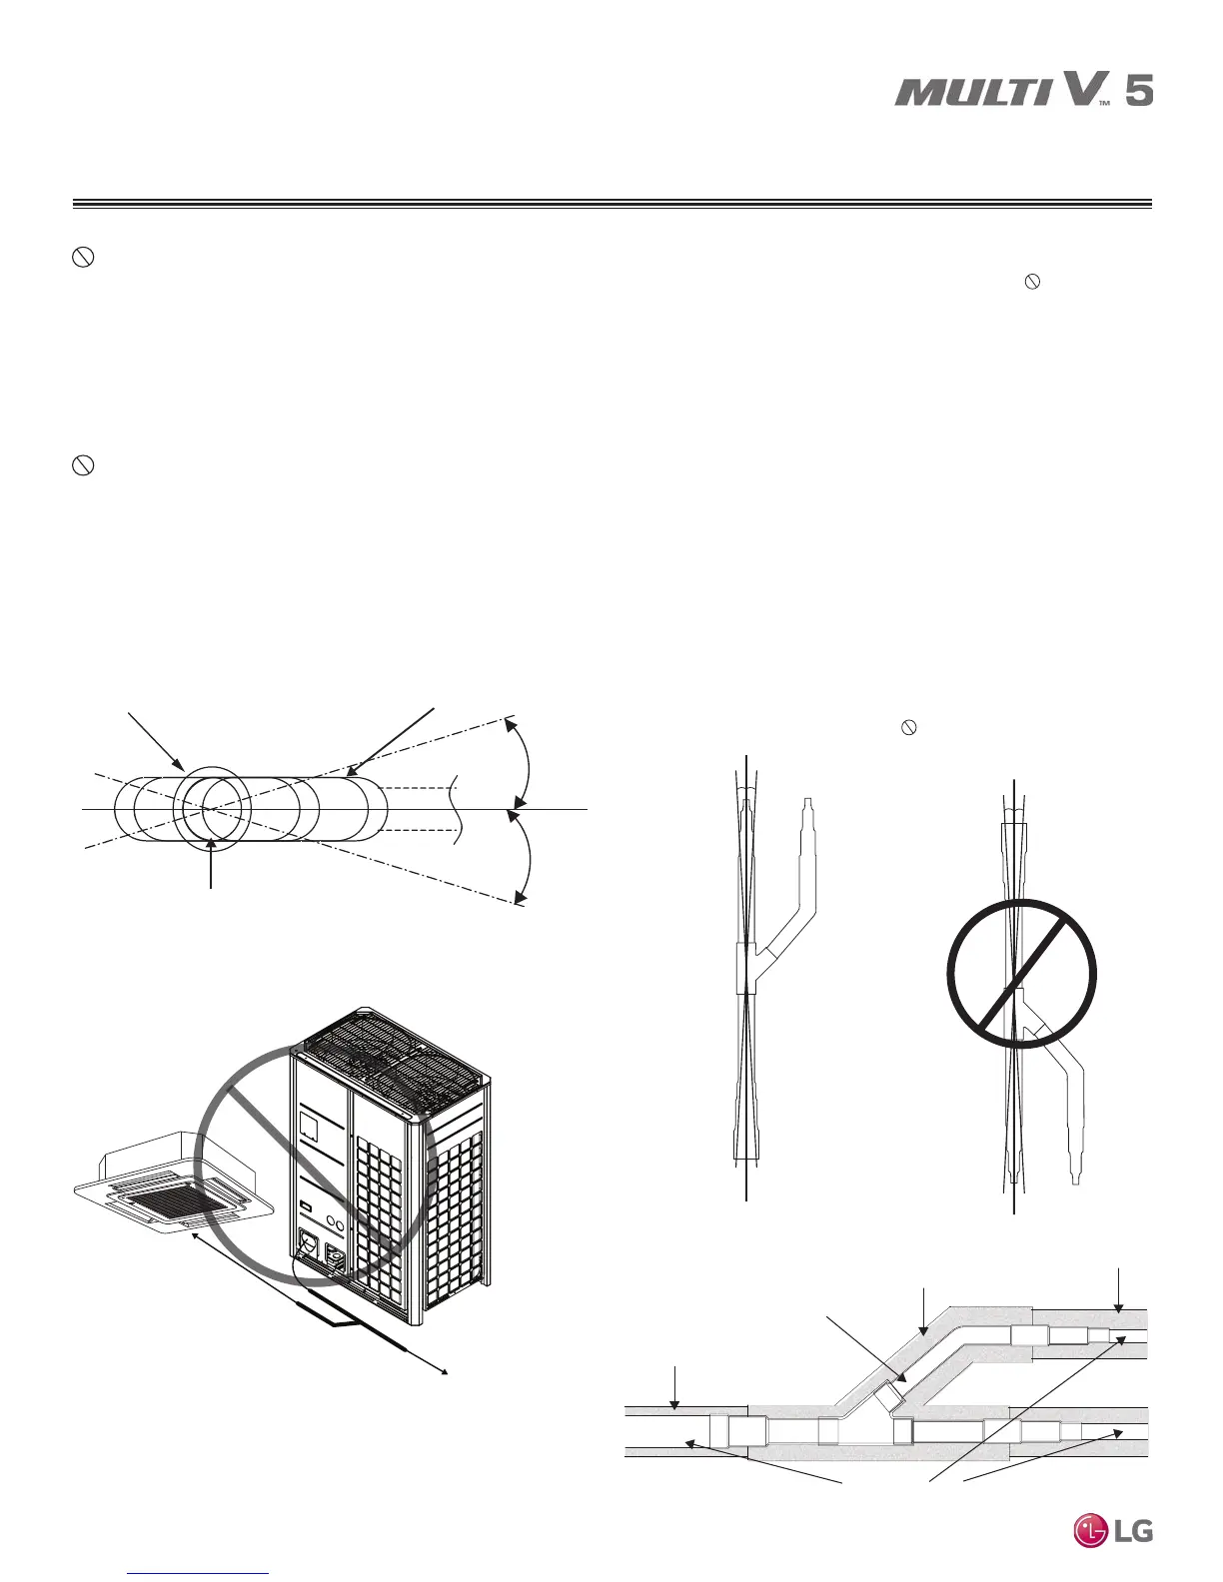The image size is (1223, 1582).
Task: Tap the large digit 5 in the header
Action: point(1138,92)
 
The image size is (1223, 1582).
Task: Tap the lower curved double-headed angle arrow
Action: point(528,854)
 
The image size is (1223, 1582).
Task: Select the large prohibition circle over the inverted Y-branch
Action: point(1020,974)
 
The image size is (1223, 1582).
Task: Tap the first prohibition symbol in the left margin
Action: point(84,258)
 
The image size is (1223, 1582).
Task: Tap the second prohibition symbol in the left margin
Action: point(84,465)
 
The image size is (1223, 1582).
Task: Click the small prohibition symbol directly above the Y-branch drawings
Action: point(909,728)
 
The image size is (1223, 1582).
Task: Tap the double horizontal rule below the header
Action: point(611,207)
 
